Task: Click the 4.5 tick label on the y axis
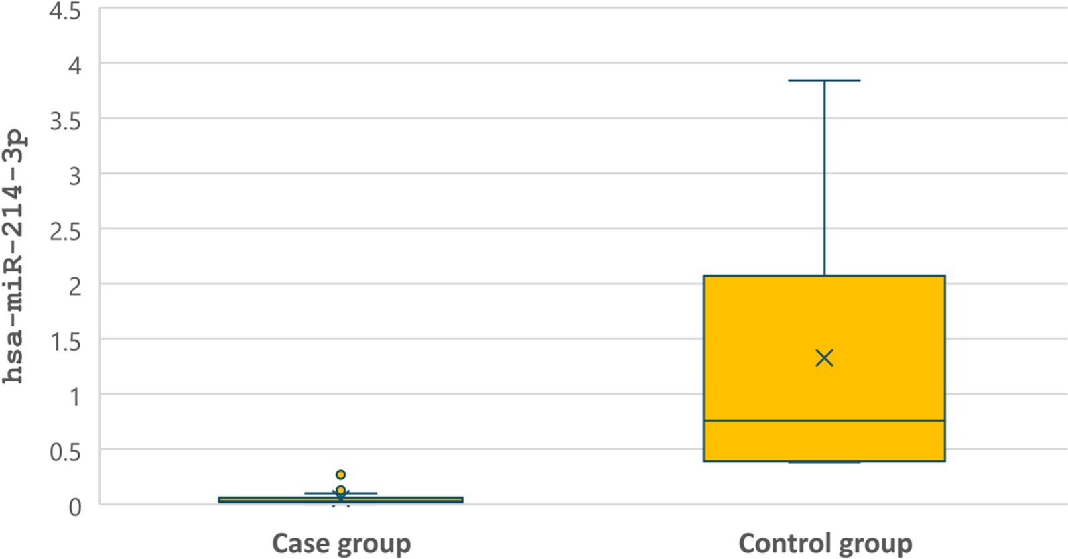point(65,11)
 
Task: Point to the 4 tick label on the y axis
point(75,65)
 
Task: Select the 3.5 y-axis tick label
point(65,121)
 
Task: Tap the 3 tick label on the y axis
point(75,176)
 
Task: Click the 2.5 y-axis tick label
point(65,232)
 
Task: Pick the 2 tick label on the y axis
point(75,287)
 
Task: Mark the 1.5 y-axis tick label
point(65,342)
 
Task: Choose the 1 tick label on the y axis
point(75,397)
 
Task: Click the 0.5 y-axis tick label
point(65,452)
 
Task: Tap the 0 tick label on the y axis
point(75,507)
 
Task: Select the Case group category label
point(342,544)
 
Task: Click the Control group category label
point(825,544)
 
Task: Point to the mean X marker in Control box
point(824,358)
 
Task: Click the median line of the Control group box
point(824,421)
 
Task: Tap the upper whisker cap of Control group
point(824,80)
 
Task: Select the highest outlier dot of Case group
point(340,474)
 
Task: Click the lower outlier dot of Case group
point(340,490)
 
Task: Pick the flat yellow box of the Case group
point(341,499)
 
